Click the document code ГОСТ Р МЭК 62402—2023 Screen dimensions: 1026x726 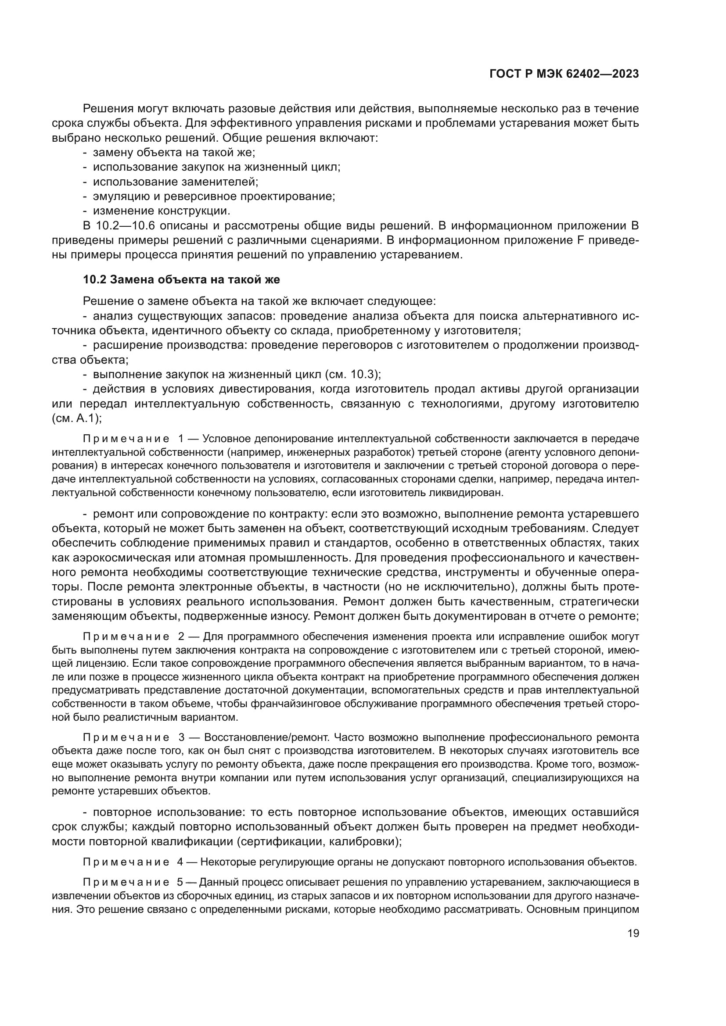[564, 74]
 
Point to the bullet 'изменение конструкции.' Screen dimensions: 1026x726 [162, 211]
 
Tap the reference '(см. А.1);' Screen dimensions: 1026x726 [77, 418]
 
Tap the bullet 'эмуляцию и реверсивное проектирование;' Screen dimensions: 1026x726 [214, 196]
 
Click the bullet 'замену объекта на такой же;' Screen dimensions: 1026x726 [173, 153]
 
